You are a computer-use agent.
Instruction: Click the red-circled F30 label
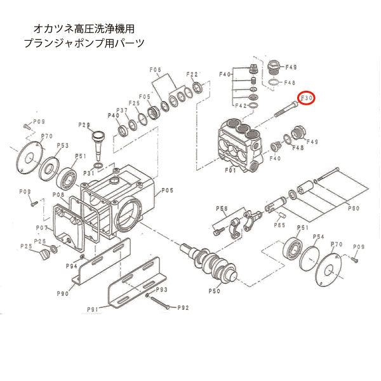point(307,98)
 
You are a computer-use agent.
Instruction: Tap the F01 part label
point(229,170)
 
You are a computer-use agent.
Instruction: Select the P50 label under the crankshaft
point(214,291)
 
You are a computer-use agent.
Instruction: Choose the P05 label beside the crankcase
point(167,190)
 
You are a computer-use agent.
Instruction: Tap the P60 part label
point(354,208)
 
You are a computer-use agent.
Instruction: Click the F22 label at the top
point(193,74)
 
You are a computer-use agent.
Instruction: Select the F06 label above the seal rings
point(156,69)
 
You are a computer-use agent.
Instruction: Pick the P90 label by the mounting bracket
point(63,293)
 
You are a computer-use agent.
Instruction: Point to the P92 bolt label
point(183,308)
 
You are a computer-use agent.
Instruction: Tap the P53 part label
point(62,145)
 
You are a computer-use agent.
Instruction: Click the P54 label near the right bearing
point(318,236)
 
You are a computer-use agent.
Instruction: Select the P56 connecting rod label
point(222,208)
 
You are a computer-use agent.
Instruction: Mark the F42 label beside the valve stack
point(241,106)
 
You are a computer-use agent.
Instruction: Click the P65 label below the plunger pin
point(279,225)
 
